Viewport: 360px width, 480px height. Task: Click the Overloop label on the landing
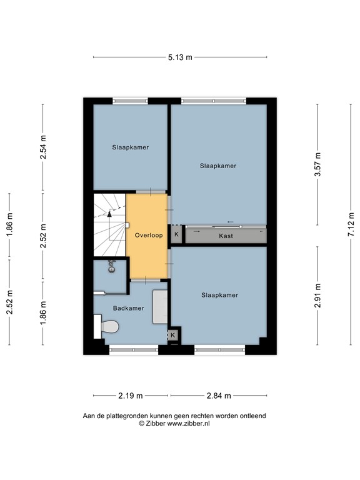tap(148, 236)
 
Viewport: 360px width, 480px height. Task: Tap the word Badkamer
tap(128, 308)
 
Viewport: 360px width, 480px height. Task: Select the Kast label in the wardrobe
tap(226, 236)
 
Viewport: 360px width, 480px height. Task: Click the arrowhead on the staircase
tap(109, 213)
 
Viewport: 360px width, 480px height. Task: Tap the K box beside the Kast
tap(176, 235)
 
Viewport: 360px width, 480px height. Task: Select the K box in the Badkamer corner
tap(173, 336)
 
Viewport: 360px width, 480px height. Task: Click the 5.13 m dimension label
tap(180, 57)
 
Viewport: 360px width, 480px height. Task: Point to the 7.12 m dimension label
tap(351, 222)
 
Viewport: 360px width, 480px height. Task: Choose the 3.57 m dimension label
tap(317, 165)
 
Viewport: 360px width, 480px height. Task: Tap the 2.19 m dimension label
tap(131, 396)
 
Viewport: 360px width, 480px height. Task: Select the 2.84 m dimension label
tap(219, 396)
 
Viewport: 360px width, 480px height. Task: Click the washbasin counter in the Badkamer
tap(161, 306)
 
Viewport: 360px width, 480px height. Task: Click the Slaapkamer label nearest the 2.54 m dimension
tap(131, 148)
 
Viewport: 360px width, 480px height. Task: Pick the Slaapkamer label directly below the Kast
tap(219, 295)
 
